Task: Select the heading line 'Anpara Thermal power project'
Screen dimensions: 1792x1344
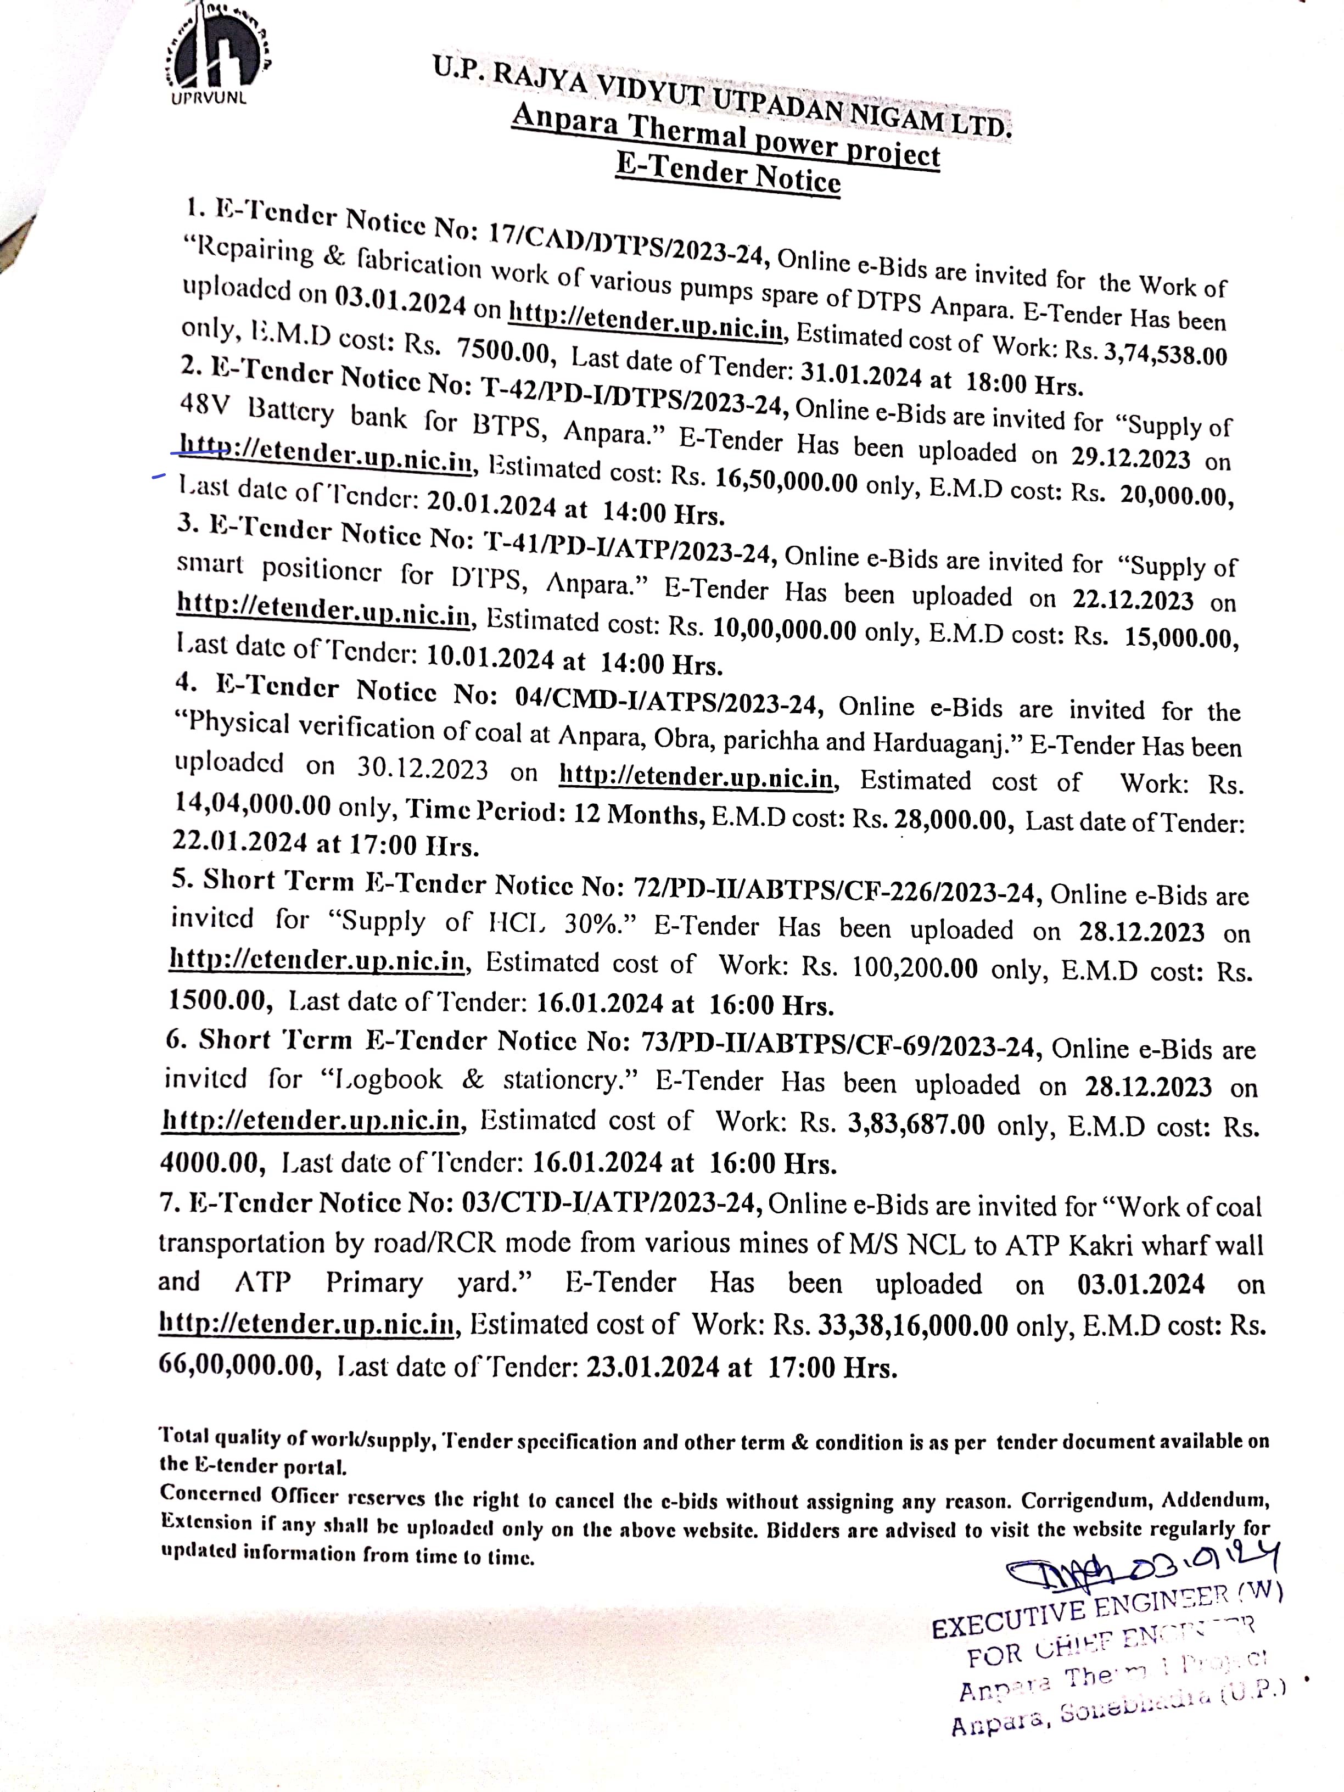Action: (725, 138)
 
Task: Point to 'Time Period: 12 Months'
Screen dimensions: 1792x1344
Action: (554, 811)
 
